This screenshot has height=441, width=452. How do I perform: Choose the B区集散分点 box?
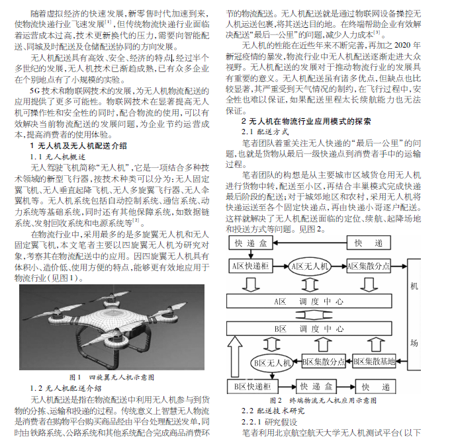pos(324,362)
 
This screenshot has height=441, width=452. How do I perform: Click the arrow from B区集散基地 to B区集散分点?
pos(350,362)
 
